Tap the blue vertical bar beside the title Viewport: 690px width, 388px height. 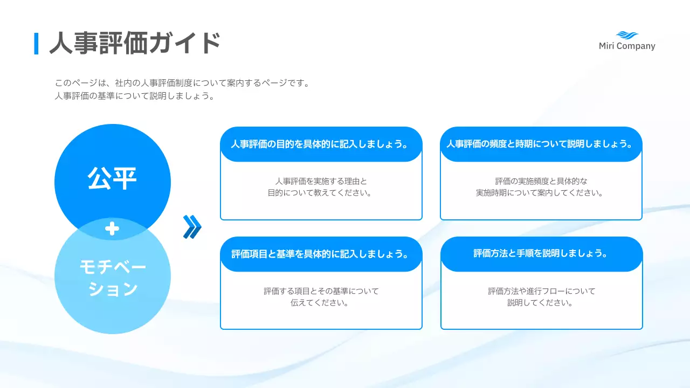pos(36,44)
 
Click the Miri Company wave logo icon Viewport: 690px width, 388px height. pos(627,35)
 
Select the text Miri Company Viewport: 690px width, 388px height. pos(627,46)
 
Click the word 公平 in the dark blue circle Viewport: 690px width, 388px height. pos(112,178)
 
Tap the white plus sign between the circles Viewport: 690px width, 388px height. pos(112,229)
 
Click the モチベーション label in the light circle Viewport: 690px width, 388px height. pos(112,278)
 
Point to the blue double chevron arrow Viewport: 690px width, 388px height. pos(192,227)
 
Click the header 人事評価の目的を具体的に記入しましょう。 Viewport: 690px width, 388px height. pos(321,144)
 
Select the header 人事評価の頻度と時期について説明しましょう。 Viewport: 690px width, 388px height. pos(541,144)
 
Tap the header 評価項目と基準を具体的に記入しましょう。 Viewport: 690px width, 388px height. pos(321,254)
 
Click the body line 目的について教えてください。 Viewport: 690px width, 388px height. pos(321,193)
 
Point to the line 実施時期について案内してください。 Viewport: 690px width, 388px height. pos(541,193)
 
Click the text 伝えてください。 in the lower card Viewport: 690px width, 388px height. pos(321,303)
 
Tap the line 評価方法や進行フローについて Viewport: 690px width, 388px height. pos(541,291)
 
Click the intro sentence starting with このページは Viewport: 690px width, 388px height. pos(182,84)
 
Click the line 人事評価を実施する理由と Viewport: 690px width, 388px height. pos(321,181)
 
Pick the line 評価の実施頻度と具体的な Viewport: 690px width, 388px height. pos(541,181)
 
